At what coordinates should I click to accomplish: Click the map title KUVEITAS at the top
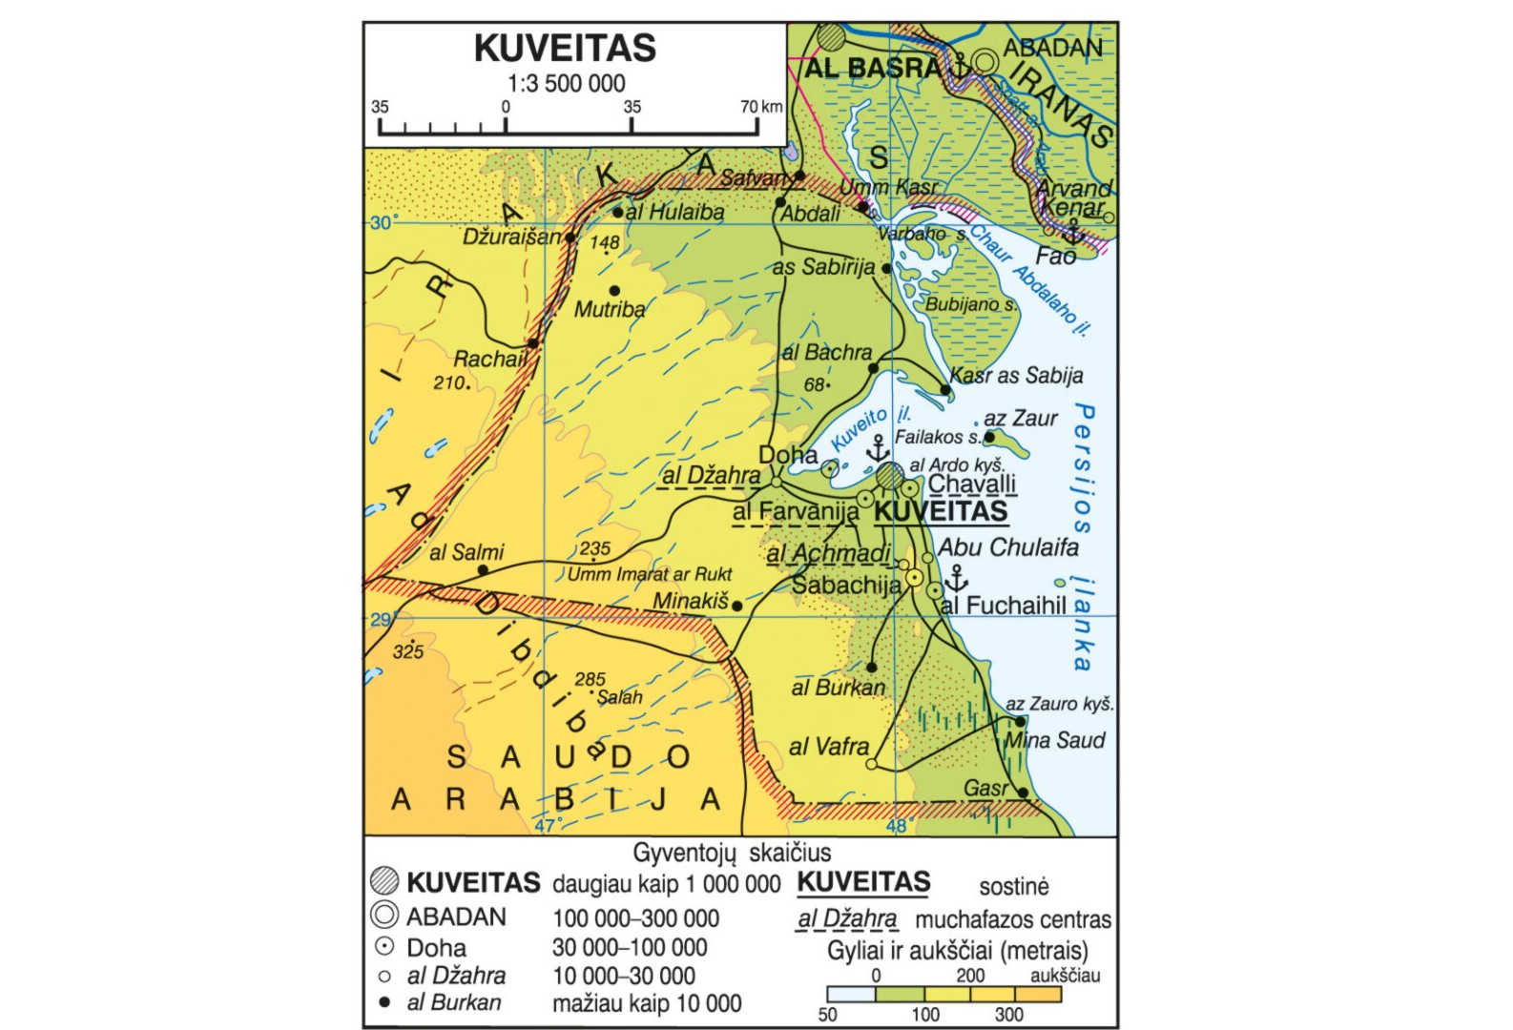point(565,48)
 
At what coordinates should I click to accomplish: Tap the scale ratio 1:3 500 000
point(566,84)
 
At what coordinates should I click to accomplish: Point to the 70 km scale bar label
point(760,107)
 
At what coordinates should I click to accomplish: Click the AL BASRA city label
point(872,68)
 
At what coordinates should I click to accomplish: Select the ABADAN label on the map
point(1052,47)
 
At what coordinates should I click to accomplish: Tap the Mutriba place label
point(609,309)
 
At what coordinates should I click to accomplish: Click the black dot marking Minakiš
point(736,606)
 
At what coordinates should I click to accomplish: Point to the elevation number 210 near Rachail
point(448,383)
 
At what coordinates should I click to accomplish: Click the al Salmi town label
point(466,552)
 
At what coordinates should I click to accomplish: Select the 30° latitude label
point(382,223)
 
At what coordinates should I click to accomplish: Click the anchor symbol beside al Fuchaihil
point(955,578)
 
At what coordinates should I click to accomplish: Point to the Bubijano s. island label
point(969,305)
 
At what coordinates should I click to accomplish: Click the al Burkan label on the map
point(838,688)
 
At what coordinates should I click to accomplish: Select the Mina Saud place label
point(1054,740)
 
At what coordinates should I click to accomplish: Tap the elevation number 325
point(407,652)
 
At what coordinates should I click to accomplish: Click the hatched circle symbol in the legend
point(383,882)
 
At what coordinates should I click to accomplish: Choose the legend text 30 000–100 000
point(630,948)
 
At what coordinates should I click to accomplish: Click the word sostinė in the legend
point(1013,887)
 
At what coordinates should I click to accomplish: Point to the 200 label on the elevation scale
point(970,976)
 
